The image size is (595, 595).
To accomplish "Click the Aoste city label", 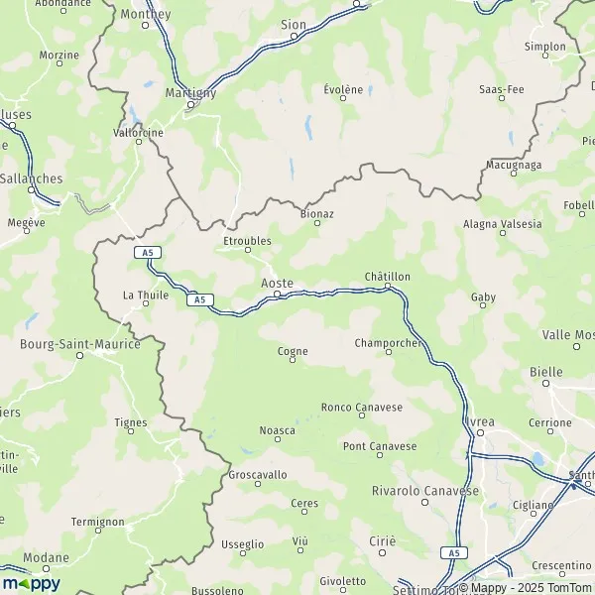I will pyautogui.click(x=277, y=284).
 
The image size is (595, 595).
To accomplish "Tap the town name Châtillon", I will pyautogui.click(x=387, y=276).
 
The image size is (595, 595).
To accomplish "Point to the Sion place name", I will pyautogui.click(x=293, y=23).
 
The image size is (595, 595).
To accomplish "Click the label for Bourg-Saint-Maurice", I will pyautogui.click(x=80, y=344).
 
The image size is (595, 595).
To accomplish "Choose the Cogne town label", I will pyautogui.click(x=292, y=351).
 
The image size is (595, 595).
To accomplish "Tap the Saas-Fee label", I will pyautogui.click(x=501, y=89).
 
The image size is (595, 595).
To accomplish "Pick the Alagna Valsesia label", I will pyautogui.click(x=503, y=224).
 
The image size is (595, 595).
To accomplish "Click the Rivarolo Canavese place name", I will pyautogui.click(x=425, y=491).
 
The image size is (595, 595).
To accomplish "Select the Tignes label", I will pyautogui.click(x=131, y=422).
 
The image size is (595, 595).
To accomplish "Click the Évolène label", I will pyautogui.click(x=343, y=88).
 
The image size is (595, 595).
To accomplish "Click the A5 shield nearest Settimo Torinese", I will pyautogui.click(x=453, y=552).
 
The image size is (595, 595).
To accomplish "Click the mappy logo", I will pyautogui.click(x=32, y=583).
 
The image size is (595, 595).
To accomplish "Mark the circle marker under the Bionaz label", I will pyautogui.click(x=317, y=223).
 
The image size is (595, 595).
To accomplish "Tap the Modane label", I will pyautogui.click(x=47, y=558).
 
